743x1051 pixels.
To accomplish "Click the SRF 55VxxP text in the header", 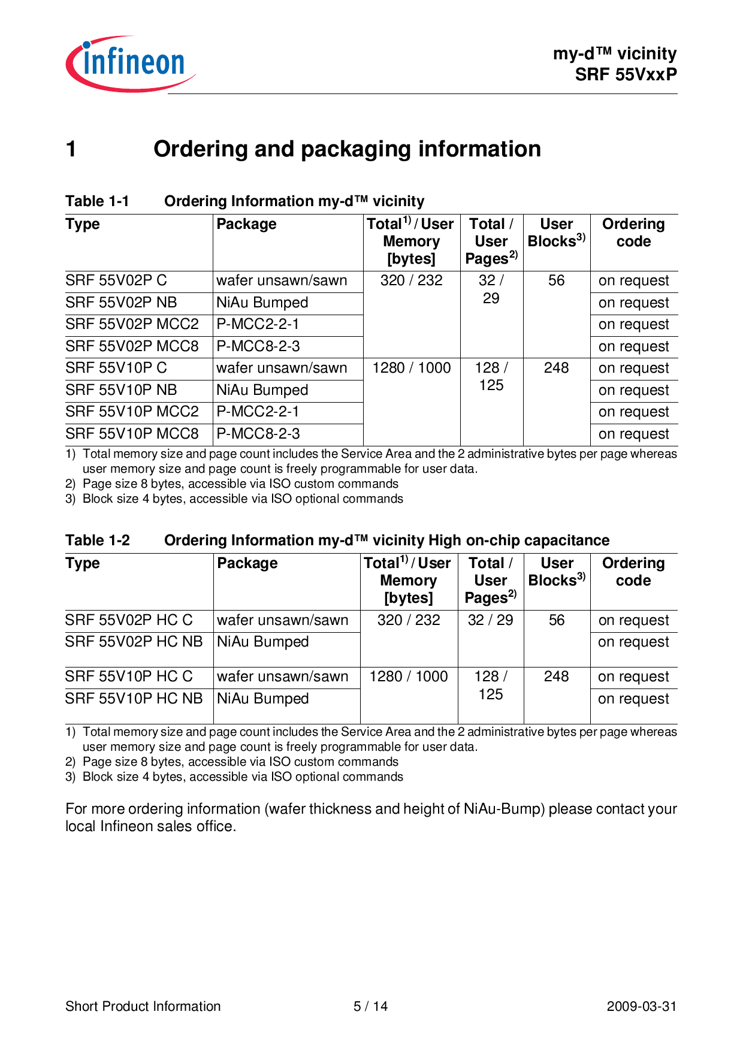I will click(626, 74).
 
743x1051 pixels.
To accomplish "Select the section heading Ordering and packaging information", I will click(347, 149).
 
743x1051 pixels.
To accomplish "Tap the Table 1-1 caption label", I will click(97, 201).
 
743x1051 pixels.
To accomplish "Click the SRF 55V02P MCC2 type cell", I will click(132, 324).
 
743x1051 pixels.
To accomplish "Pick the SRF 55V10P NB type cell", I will click(121, 390).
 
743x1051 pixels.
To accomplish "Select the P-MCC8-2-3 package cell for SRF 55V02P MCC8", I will click(258, 346).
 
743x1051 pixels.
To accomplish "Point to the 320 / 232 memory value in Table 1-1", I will click(411, 280).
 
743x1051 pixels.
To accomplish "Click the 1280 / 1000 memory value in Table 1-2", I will click(409, 676).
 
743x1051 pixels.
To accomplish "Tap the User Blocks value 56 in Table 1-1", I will click(556, 280).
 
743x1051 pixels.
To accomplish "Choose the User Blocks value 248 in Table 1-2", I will click(556, 676).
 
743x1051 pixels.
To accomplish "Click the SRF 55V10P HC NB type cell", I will click(134, 699).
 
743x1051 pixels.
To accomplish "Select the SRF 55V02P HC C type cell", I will click(129, 620).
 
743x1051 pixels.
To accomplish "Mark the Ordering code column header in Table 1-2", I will click(633, 572).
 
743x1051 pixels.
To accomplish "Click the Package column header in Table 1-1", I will click(246, 224).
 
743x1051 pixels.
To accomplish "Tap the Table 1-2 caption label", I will click(98, 540).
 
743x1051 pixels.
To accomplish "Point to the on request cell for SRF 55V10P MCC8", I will click(633, 434).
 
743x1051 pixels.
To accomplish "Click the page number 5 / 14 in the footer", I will click(370, 1006).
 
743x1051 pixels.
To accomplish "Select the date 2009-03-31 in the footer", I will click(641, 1006).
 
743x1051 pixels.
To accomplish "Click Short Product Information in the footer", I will click(143, 1006).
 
